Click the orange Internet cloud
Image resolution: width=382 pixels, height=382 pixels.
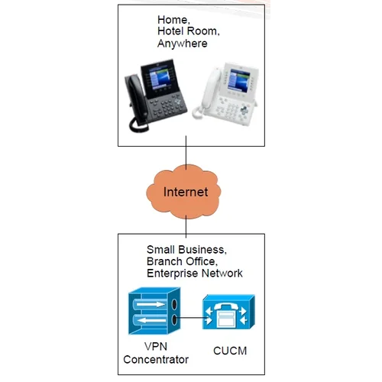[186, 191]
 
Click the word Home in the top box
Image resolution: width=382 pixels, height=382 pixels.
[173, 19]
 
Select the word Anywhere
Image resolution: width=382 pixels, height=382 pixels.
[182, 44]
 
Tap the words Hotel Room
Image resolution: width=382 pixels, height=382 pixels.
[188, 31]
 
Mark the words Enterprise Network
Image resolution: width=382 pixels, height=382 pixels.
[195, 273]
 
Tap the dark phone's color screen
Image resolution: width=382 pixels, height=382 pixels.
[167, 79]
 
